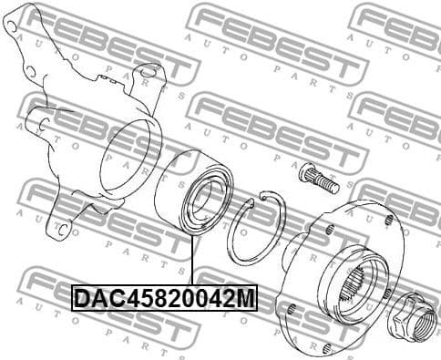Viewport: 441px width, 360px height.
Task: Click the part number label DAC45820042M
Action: coord(164,298)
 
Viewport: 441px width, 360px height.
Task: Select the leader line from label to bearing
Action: coord(193,264)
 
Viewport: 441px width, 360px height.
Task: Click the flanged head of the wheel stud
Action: coord(305,170)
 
